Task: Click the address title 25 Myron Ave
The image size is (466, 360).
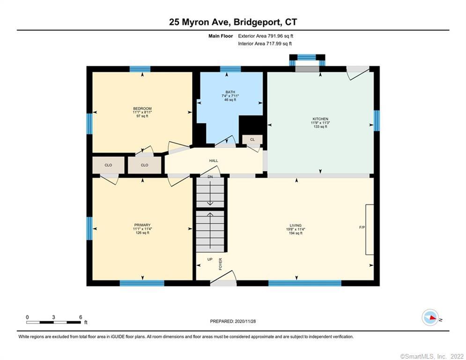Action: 233,22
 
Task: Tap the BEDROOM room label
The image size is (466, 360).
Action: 142,109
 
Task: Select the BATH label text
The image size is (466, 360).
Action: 230,92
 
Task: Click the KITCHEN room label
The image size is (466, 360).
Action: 320,119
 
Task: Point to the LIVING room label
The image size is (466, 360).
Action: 295,225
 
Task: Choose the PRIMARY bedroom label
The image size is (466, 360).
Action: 142,225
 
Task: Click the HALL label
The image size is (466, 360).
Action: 214,161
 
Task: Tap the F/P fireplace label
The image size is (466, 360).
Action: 362,227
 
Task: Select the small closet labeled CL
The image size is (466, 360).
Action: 252,140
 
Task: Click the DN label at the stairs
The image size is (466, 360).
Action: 210,177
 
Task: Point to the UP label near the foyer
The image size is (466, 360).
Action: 210,259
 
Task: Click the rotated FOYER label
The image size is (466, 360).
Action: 220,264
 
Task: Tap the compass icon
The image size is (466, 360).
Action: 430,318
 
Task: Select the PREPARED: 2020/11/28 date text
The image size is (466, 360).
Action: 233,322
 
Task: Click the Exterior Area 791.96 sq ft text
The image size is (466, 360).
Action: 266,36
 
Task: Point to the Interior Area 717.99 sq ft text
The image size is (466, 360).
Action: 265,44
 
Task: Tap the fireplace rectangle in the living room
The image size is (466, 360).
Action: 370,230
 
